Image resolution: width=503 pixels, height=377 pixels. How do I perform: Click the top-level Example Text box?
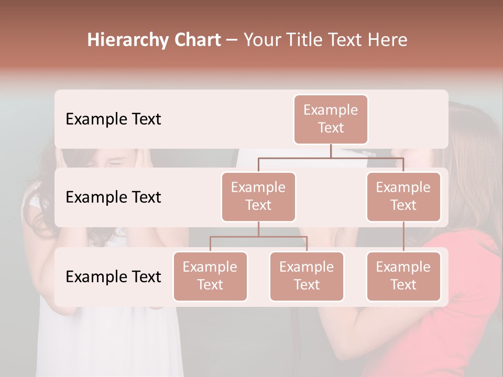pyautogui.click(x=331, y=119)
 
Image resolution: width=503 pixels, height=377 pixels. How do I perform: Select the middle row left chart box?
pyautogui.click(x=258, y=197)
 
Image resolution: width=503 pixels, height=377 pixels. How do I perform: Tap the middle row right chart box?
pyautogui.click(x=403, y=197)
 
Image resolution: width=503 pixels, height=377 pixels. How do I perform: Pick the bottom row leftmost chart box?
pyautogui.click(x=210, y=276)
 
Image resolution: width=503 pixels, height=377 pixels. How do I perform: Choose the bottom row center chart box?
pyautogui.click(x=307, y=276)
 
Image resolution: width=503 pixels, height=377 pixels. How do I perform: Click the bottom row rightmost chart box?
pyautogui.click(x=403, y=276)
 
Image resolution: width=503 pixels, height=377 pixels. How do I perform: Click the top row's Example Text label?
pyautogui.click(x=113, y=119)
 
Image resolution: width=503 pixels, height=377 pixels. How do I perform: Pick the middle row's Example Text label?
pyautogui.click(x=113, y=197)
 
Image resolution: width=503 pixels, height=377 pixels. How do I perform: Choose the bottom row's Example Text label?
pyautogui.click(x=113, y=276)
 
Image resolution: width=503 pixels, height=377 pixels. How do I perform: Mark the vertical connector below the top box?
pyautogui.click(x=331, y=151)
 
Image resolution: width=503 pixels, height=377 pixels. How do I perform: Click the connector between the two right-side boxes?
pyautogui.click(x=403, y=237)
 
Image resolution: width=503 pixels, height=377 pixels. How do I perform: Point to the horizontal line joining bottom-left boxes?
pyautogui.click(x=258, y=237)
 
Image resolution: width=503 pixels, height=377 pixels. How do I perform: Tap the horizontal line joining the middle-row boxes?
pyautogui.click(x=331, y=157)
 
